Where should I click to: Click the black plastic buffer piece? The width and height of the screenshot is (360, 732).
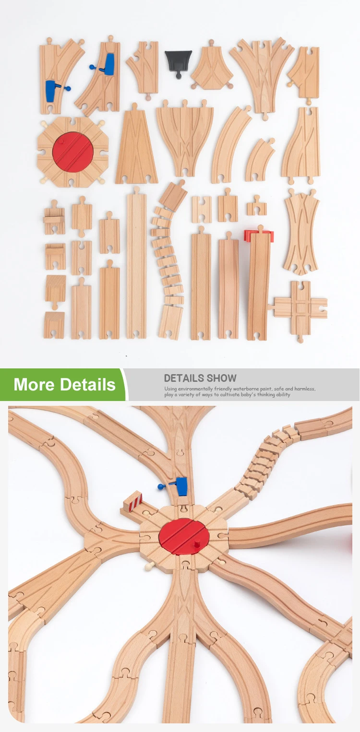pos(179,60)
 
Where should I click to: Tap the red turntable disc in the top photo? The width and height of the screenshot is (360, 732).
pos(73,152)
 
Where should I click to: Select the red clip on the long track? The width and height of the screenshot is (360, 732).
pos(259,236)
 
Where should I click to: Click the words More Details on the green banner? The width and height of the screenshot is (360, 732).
pos(64,385)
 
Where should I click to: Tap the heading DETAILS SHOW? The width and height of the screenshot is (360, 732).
pos(200,378)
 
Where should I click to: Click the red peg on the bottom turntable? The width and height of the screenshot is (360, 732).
pos(197,546)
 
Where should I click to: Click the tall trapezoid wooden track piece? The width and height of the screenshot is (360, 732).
pos(136,149)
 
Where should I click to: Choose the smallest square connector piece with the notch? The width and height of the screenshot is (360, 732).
pos(257,208)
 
